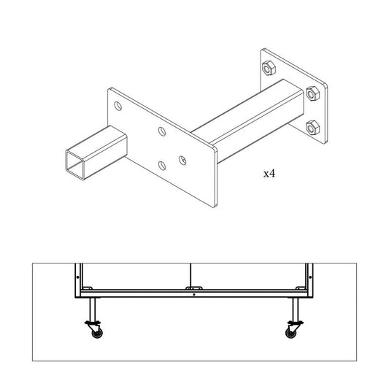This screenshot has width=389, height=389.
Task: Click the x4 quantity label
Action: click(269, 174)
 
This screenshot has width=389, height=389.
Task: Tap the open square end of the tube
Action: click(75, 164)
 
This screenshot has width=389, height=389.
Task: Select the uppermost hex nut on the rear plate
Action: click(269, 68)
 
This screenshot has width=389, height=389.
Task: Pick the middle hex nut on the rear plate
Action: click(312, 93)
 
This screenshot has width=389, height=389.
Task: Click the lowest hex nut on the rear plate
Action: click(312, 128)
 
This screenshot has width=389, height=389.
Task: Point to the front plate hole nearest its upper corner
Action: click(118, 106)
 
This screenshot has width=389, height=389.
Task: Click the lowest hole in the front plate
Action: click(162, 166)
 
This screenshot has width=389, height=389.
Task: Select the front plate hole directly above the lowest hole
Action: click(162, 131)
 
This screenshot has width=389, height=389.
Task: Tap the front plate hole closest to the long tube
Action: click(182, 161)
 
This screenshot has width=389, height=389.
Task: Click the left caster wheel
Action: click(97, 334)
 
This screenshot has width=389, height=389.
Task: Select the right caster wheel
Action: click(290, 334)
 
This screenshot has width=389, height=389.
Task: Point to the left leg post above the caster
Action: click(93, 309)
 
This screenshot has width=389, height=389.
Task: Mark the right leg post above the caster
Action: click(296, 309)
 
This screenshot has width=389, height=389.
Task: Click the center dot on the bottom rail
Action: click(194, 294)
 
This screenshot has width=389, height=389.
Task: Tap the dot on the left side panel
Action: click(77, 277)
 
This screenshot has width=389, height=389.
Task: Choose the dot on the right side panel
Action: click(310, 277)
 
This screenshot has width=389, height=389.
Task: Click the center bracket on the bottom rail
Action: click(194, 288)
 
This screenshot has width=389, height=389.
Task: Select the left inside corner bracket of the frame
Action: click(87, 288)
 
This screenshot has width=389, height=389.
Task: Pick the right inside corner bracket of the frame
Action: click(301, 288)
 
